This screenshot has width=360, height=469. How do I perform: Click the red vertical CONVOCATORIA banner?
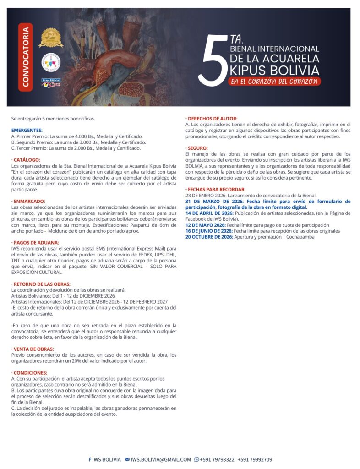point(26,57)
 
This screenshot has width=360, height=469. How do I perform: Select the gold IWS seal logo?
point(50,37)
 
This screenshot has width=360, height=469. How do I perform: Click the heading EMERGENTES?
point(27,131)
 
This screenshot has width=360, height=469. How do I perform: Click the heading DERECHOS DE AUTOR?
point(212,119)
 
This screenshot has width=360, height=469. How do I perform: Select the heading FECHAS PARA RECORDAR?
point(215,189)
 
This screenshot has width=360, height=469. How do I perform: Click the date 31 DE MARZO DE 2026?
point(214,201)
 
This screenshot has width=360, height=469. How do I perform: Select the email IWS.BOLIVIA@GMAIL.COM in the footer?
point(160,459)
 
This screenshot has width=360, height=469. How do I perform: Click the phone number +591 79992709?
point(255,459)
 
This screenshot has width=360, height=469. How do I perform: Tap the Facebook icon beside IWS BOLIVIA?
point(90,459)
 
